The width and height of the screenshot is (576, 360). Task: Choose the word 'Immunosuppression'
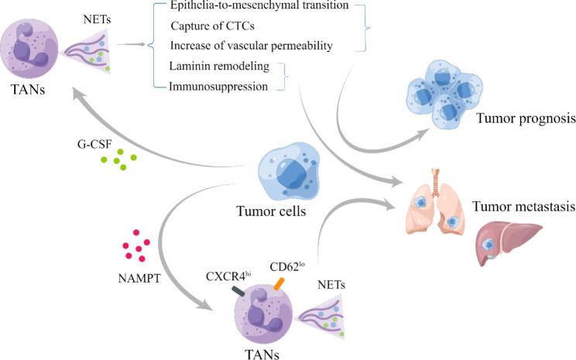click(x=219, y=87)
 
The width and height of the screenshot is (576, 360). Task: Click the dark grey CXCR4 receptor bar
click(x=239, y=292)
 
